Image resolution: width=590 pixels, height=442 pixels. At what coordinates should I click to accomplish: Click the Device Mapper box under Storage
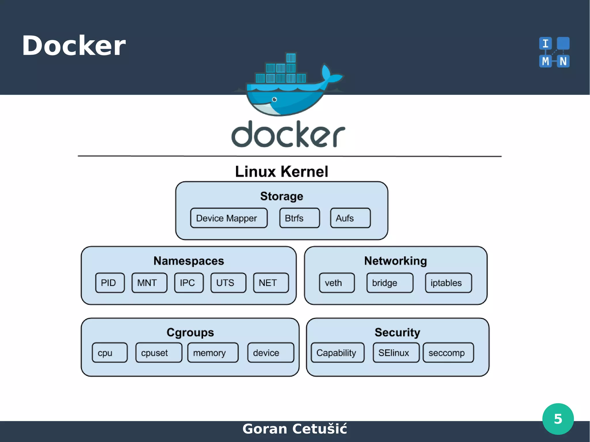[229, 218]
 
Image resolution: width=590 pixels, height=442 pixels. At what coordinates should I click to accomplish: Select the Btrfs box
[299, 218]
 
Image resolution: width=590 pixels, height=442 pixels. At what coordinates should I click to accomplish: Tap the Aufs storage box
[350, 218]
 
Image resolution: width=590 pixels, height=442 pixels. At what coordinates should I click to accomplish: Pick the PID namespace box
[110, 283]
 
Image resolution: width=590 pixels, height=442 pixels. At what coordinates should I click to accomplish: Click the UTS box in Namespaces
[228, 283]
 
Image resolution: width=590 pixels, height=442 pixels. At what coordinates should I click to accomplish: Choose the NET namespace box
[271, 283]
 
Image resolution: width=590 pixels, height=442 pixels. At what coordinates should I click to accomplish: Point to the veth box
[336, 283]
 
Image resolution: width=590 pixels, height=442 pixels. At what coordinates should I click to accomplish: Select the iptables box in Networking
[448, 283]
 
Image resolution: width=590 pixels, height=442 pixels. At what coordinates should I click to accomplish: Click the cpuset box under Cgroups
[159, 352]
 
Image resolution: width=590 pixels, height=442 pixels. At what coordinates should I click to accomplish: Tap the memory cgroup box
[213, 352]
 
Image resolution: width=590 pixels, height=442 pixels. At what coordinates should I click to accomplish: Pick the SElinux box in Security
[396, 352]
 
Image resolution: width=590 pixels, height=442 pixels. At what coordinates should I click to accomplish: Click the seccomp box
[448, 352]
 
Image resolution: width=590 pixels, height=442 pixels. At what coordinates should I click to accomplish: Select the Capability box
[337, 352]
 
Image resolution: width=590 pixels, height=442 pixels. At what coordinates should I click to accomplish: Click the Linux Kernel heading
[281, 172]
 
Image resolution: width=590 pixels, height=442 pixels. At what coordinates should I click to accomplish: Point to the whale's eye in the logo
[275, 100]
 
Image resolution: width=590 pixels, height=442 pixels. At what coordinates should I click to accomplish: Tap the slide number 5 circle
[558, 419]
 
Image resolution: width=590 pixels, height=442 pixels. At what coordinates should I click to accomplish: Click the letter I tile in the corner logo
[545, 44]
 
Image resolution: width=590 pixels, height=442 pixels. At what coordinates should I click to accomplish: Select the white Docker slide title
[74, 46]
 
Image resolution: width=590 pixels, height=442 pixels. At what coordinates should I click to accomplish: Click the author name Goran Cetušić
[294, 429]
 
